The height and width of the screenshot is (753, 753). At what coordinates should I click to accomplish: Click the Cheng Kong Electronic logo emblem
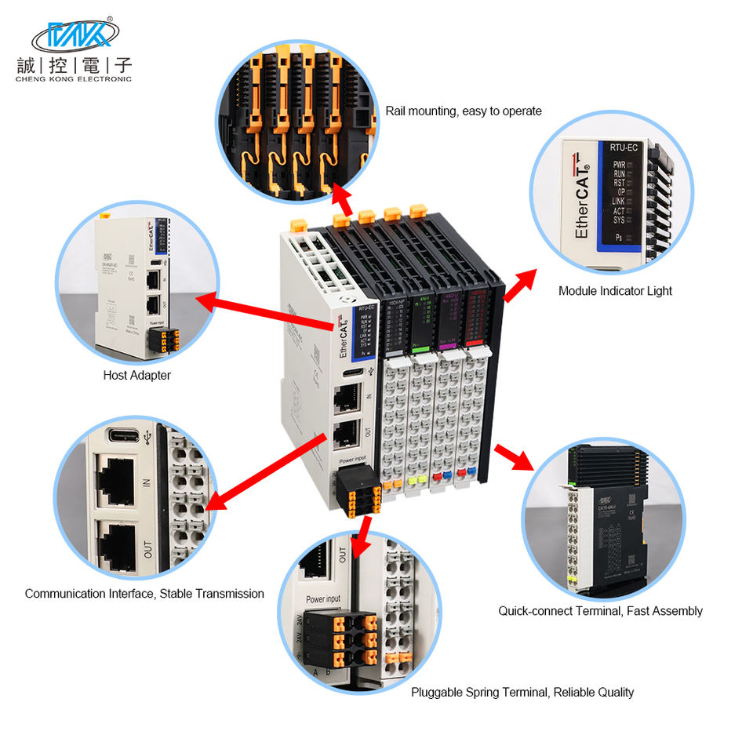[75, 35]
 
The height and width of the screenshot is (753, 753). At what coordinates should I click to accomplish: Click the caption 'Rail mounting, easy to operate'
[463, 111]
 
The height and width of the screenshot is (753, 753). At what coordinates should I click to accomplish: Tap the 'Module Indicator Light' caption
[615, 291]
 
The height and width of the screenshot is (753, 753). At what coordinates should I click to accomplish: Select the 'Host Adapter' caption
[136, 376]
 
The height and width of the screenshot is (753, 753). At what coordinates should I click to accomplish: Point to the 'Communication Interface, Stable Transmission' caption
[144, 594]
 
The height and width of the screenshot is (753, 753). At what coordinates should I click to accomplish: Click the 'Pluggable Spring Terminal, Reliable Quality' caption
[522, 693]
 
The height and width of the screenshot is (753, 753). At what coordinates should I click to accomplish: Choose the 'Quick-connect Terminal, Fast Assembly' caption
[600, 611]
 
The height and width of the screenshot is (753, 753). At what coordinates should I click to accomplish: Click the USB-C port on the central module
[352, 372]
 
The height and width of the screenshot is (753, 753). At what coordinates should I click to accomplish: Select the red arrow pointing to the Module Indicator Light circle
[520, 286]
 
